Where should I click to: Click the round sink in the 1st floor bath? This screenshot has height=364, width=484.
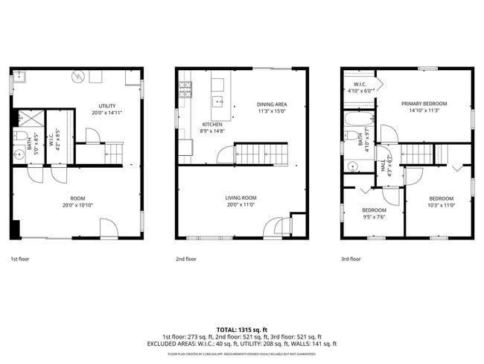tap(20, 155)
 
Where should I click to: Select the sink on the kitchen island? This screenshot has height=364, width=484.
tap(217, 99)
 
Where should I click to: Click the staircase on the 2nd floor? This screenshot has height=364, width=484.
tap(261, 154)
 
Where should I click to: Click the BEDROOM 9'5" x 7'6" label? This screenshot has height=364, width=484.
tap(374, 213)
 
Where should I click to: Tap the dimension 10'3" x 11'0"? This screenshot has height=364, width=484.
tap(440, 204)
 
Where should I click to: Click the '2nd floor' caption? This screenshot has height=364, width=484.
tap(186, 259)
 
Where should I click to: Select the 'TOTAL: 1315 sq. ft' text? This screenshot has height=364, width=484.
tap(242, 328)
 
